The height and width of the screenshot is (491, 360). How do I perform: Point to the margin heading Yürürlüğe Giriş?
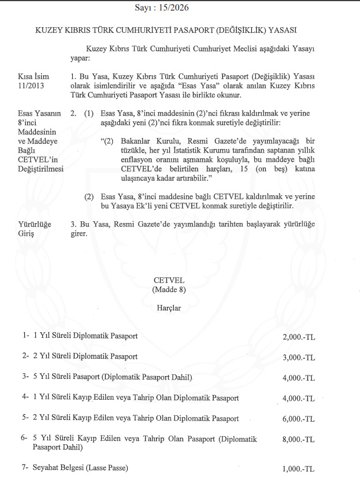pos(35,228)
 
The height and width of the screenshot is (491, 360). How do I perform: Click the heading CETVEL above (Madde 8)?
pos(166,280)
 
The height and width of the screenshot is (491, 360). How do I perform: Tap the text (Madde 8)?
pos(166,289)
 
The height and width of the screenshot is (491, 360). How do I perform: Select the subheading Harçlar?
pos(168,308)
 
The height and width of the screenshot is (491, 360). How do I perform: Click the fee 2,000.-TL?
pos(299,336)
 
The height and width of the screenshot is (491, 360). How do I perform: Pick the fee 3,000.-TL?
pos(299,357)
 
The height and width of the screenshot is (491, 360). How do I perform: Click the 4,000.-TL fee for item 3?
pos(299,378)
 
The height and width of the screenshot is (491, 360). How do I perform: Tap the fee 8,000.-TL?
pos(299,440)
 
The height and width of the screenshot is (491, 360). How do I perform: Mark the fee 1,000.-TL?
pos(299,468)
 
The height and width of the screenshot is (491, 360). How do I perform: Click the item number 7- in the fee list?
pos(25,467)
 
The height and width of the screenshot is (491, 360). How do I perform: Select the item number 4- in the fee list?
pos(25,398)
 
